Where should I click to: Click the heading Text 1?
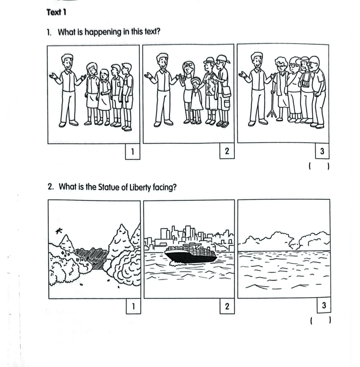(x=56, y=12)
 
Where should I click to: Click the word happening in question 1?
(x=103, y=32)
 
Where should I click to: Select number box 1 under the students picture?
(x=133, y=152)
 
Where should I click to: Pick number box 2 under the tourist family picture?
(x=227, y=151)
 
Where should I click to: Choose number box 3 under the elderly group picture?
(x=322, y=151)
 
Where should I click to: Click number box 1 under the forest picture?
(x=134, y=306)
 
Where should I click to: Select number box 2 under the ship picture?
(x=227, y=306)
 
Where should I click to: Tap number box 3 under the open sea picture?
(x=324, y=305)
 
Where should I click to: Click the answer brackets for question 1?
(x=319, y=167)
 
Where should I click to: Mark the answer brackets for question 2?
(x=320, y=320)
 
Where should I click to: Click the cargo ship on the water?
(x=191, y=253)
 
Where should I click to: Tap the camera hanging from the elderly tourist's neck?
(x=305, y=83)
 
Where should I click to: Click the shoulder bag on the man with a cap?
(x=226, y=92)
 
